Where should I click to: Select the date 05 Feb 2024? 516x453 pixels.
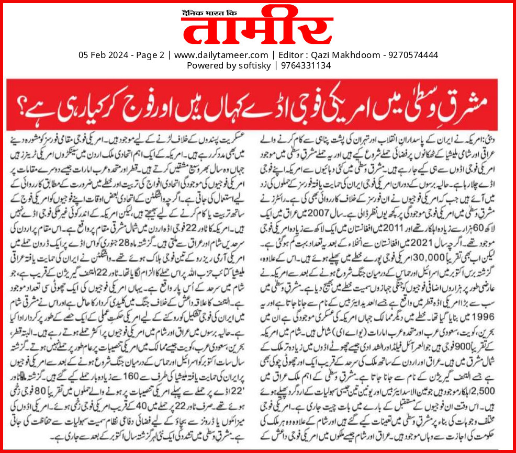pos(102,55)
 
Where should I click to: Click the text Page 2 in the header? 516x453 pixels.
pos(148,55)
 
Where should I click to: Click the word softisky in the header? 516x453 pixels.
pos(253,65)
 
